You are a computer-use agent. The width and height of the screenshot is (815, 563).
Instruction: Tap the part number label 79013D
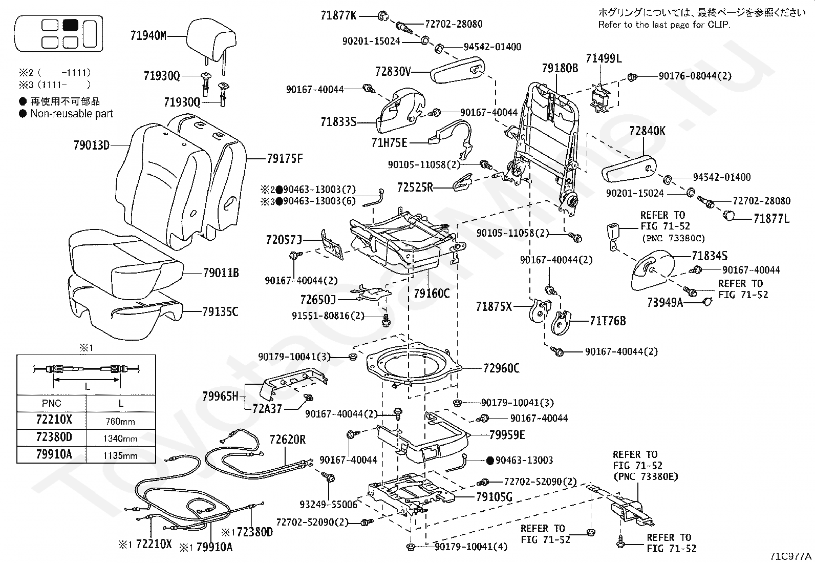(91, 145)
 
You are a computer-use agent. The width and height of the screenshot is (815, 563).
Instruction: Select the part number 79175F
(285, 159)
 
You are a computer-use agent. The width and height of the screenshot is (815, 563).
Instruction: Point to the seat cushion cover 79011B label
(221, 273)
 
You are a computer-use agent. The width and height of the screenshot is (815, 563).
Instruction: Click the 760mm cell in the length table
(120, 422)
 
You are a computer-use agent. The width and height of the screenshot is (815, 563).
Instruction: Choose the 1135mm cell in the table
(120, 455)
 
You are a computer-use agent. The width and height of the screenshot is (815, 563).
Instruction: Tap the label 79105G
(494, 496)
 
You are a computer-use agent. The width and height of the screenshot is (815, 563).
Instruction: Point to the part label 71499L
(604, 58)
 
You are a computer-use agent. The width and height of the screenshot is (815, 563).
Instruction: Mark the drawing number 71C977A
(790, 556)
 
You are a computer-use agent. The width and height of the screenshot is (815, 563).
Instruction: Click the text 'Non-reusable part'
(72, 114)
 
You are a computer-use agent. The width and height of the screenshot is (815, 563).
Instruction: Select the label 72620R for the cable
(287, 440)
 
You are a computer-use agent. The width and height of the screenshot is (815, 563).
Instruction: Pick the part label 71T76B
(608, 322)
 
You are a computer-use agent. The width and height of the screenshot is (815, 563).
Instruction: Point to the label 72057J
(284, 239)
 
